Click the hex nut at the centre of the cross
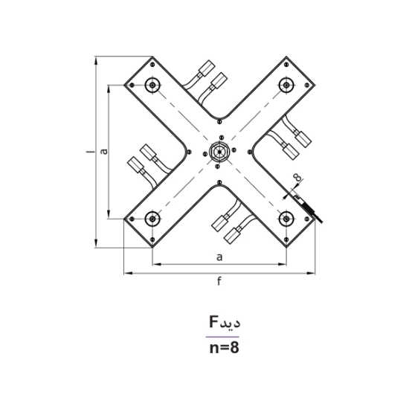219,151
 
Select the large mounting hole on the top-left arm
152,85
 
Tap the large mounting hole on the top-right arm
286,85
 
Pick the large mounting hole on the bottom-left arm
152,218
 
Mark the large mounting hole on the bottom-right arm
286,218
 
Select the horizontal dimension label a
219,257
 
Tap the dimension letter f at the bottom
219,280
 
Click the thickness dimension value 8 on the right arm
297,177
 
